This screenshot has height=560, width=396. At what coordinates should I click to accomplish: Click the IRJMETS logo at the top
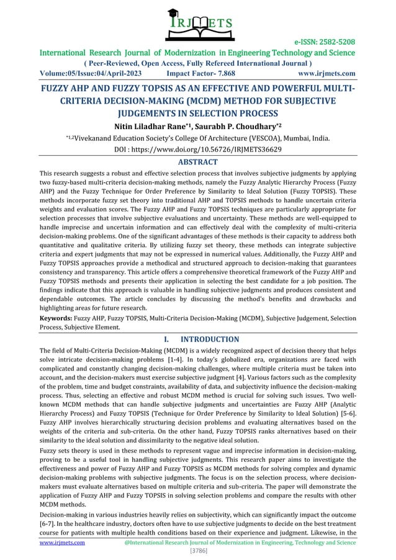[x=197, y=21]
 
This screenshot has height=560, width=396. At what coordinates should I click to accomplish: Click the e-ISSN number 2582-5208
[x=335, y=42]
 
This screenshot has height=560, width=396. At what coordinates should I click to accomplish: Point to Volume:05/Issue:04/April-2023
[x=91, y=73]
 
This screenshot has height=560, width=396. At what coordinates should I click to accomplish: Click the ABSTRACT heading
[x=197, y=163]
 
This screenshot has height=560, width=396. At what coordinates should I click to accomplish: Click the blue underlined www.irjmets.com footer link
[x=62, y=542]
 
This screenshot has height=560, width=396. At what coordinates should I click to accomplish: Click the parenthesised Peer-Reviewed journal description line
[x=198, y=63]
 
